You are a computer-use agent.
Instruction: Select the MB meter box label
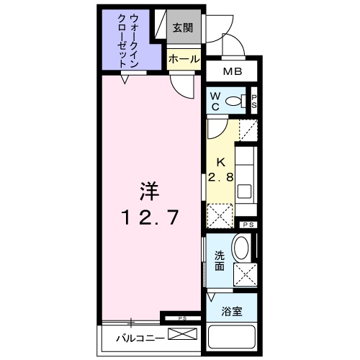pos(233,72)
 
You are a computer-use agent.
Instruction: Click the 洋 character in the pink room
pos(148,192)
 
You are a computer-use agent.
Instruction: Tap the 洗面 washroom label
pos(219,260)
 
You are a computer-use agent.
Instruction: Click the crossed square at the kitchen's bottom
pos(219,215)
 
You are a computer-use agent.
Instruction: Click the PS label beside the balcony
pos(182,318)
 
